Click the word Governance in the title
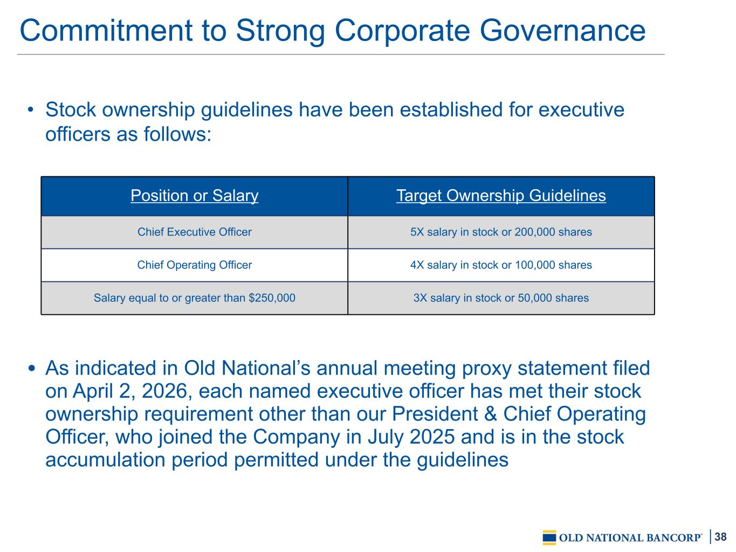pyautogui.click(x=562, y=31)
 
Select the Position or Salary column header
pyautogui.click(x=195, y=195)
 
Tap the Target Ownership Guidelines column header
pyautogui.click(x=501, y=195)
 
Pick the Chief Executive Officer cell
pyautogui.click(x=195, y=232)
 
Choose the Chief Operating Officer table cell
pyautogui.click(x=195, y=265)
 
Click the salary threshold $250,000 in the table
pyautogui.click(x=272, y=298)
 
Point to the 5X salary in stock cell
pyautogui.click(x=501, y=232)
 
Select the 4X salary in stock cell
pyautogui.click(x=501, y=265)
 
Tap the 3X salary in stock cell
pyautogui.click(x=501, y=298)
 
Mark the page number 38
pyautogui.click(x=720, y=536)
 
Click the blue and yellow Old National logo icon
pyautogui.click(x=549, y=537)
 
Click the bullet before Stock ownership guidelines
pyautogui.click(x=31, y=109)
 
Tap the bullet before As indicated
pyautogui.click(x=32, y=368)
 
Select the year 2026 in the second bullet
pyautogui.click(x=164, y=391)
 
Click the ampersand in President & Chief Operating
pyautogui.click(x=491, y=414)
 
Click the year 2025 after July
pyautogui.click(x=432, y=437)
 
